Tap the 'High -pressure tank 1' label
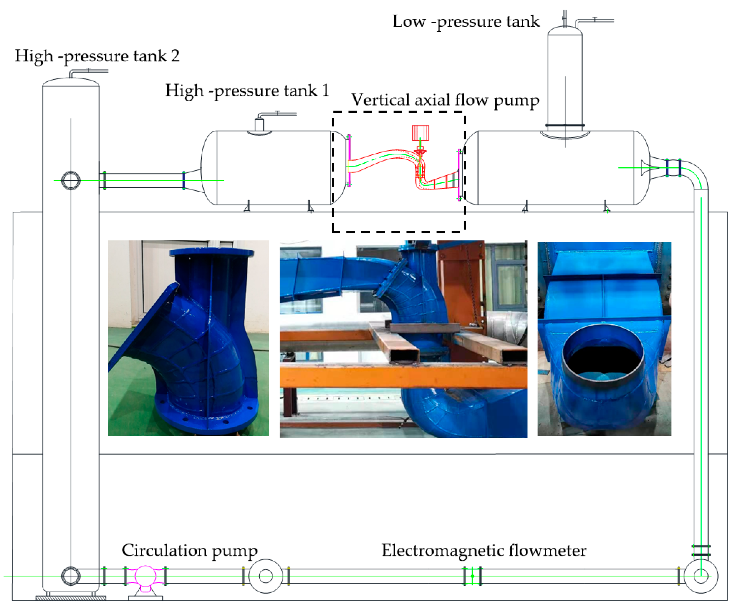pyautogui.click(x=247, y=91)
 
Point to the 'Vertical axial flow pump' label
pyautogui.click(x=445, y=100)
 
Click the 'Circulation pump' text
pyautogui.click(x=189, y=550)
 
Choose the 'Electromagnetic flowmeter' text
pyautogui.click(x=484, y=550)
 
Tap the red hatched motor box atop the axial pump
pyautogui.click(x=420, y=133)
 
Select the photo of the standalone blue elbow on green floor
pyautogui.click(x=188, y=338)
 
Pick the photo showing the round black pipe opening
pyautogui.click(x=604, y=338)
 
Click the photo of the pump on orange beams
pyautogui.click(x=403, y=339)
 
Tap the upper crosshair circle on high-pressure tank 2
pyautogui.click(x=71, y=181)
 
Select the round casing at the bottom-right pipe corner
pyautogui.click(x=701, y=576)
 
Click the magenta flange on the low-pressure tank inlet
pyautogui.click(x=459, y=175)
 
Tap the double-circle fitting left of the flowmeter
pyautogui.click(x=266, y=576)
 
